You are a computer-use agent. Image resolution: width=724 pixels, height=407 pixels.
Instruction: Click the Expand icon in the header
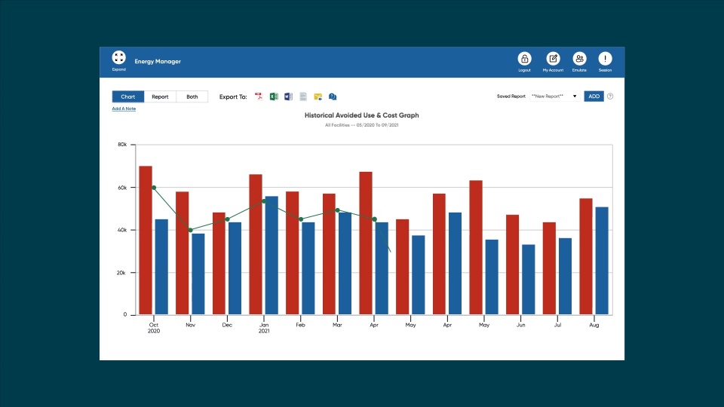coord(119,58)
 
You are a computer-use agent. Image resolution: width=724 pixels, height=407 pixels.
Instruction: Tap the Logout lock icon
coord(524,59)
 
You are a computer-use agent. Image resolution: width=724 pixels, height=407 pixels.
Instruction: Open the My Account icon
coord(553,59)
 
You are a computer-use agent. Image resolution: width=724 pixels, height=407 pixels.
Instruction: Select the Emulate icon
coord(579,59)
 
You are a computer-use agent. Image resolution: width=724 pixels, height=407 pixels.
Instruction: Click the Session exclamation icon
coord(605,59)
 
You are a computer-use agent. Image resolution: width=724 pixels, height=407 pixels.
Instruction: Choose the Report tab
coord(160,96)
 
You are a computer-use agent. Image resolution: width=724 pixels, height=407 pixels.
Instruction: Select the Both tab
coord(192,96)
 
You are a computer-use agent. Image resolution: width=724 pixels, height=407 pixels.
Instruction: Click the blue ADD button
coord(594,96)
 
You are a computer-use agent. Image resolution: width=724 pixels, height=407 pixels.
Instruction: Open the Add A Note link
coord(124,109)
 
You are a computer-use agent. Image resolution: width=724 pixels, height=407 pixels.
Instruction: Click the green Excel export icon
coord(275,96)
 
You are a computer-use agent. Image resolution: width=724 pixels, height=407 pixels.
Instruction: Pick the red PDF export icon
coord(259,96)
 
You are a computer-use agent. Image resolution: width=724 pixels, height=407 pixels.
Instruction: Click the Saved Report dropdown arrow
coord(575,96)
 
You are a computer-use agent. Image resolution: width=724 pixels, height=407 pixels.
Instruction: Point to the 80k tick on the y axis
coord(121,145)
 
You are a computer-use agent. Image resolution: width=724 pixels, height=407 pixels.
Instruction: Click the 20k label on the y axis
coord(121,273)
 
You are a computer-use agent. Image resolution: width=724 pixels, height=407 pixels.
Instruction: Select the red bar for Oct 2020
coord(146,240)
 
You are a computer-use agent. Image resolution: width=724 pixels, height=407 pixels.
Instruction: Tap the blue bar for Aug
coord(602,261)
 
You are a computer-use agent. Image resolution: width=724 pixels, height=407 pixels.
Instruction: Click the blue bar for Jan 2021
coord(271,255)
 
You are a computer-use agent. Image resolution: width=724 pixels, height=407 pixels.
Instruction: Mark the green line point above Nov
coord(190,230)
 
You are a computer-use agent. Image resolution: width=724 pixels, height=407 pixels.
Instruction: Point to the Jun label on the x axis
coord(520,324)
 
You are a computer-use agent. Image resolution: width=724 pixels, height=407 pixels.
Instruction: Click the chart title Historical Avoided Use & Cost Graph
coord(361,115)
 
